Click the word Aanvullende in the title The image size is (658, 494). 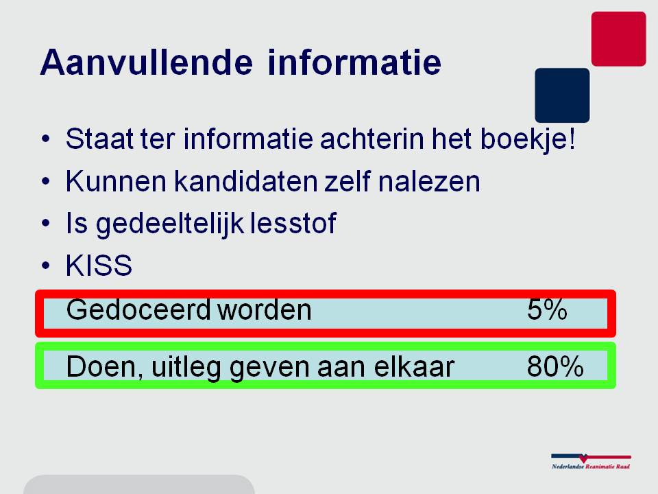(x=147, y=62)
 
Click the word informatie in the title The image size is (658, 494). (x=354, y=62)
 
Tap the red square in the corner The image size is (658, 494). (x=618, y=38)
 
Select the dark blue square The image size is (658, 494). (x=562, y=95)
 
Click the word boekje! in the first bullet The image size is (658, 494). (x=528, y=139)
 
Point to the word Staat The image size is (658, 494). (x=99, y=139)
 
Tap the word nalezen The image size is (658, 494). (x=429, y=181)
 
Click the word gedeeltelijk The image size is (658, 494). (x=170, y=224)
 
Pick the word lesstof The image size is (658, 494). (x=293, y=223)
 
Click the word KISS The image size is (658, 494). (x=99, y=266)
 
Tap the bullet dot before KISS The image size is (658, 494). (x=46, y=266)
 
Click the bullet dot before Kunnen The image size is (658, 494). (x=46, y=181)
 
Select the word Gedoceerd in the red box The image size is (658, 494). (x=138, y=310)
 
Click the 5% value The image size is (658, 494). (x=547, y=310)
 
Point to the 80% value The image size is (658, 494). (x=555, y=366)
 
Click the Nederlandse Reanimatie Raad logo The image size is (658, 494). (x=591, y=461)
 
